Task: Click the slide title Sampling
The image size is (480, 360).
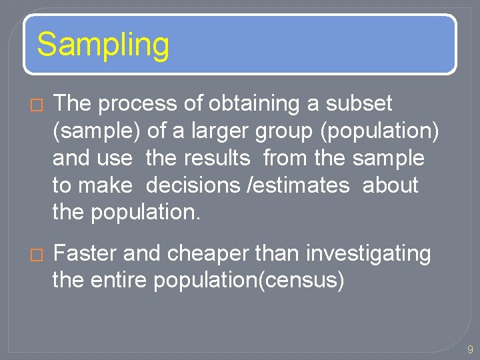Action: [103, 45]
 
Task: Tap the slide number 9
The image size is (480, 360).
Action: [470, 349]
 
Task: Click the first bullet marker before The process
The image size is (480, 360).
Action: [37, 105]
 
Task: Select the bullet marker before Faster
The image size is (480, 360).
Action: [37, 254]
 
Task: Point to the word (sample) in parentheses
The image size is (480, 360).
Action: [97, 131]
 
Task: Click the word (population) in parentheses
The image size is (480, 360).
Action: [379, 131]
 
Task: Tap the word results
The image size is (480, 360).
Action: [217, 159]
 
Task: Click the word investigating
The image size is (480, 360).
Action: [368, 254]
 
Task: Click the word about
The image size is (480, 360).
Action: [390, 185]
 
